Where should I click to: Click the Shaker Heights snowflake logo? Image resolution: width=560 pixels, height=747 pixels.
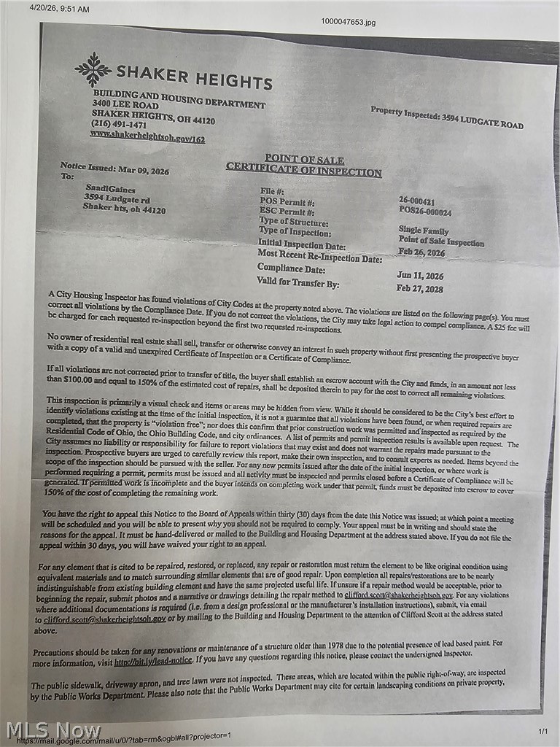pyautogui.click(x=93, y=70)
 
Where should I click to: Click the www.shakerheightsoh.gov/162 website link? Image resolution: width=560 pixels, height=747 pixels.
pyautogui.click(x=147, y=136)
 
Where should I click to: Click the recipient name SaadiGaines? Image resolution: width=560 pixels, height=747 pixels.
pyautogui.click(x=110, y=189)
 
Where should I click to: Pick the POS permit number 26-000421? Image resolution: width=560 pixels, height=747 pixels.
pyautogui.click(x=417, y=200)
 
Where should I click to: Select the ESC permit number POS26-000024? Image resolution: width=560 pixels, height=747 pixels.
pyautogui.click(x=425, y=212)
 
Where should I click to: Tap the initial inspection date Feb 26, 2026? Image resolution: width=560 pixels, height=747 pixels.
pyautogui.click(x=421, y=252)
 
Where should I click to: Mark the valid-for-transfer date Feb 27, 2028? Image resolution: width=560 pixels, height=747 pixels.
pyautogui.click(x=421, y=288)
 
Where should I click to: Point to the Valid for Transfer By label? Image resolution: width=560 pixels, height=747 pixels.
pyautogui.click(x=297, y=282)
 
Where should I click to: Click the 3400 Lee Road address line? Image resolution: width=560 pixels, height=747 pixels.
pyautogui.click(x=125, y=105)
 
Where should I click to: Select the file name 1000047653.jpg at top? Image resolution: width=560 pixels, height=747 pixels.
pyautogui.click(x=348, y=22)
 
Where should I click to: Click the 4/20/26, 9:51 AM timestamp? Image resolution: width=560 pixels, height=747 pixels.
pyautogui.click(x=60, y=9)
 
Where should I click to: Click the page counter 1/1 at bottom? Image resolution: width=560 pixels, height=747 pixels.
pyautogui.click(x=542, y=731)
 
